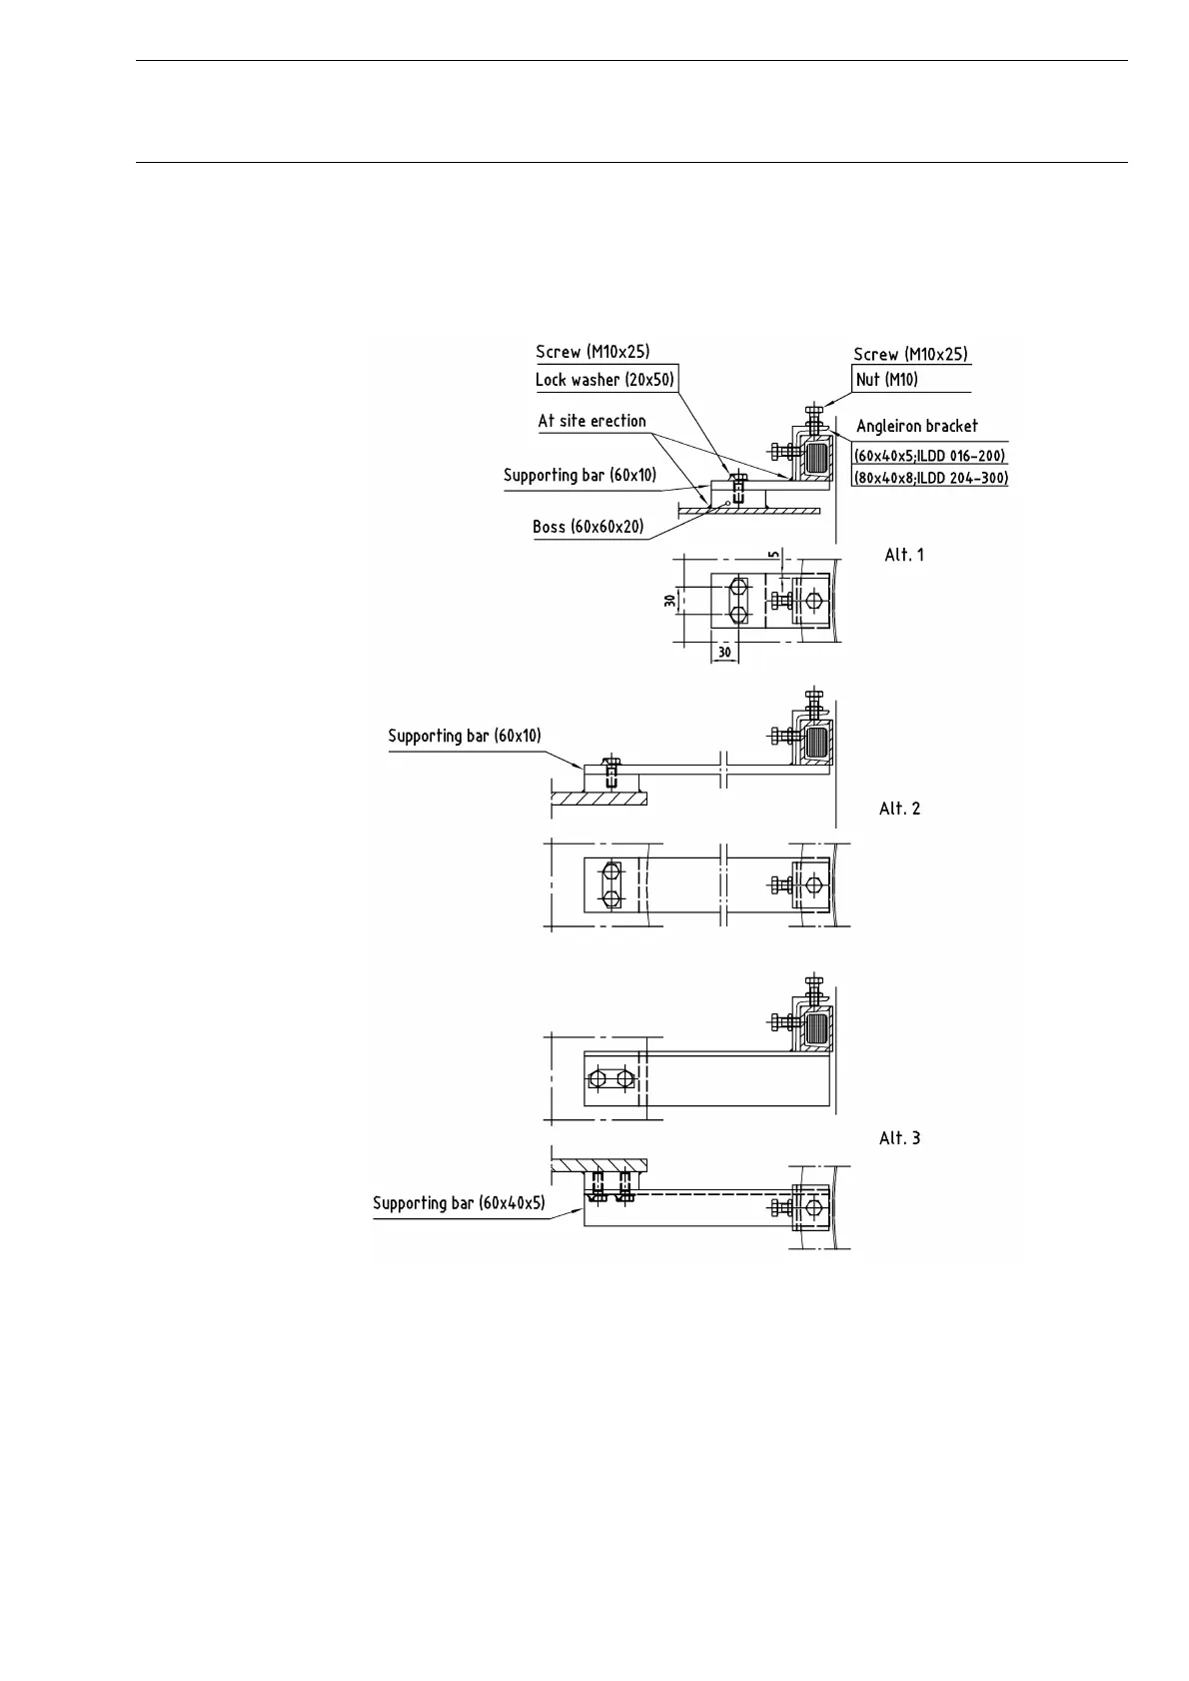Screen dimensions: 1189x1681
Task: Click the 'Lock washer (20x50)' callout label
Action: pyautogui.click(x=605, y=380)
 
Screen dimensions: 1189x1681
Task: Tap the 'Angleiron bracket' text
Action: pyautogui.click(x=917, y=427)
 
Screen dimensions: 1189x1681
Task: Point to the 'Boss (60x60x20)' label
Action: pyautogui.click(x=589, y=527)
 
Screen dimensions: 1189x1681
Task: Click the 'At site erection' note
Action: pyautogui.click(x=593, y=421)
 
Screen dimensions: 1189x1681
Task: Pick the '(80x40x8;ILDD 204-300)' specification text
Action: pyautogui.click(x=930, y=479)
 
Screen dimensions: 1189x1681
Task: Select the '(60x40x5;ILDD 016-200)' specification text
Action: pyautogui.click(x=929, y=456)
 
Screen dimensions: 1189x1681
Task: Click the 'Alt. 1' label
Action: pyautogui.click(x=904, y=555)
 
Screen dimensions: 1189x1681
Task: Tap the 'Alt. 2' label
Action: pyautogui.click(x=900, y=809)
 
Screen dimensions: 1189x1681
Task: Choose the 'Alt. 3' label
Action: pyautogui.click(x=900, y=1138)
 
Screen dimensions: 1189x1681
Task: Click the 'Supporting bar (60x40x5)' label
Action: pyautogui.click(x=460, y=1203)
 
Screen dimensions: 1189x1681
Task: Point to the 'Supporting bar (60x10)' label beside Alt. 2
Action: pyautogui.click(x=465, y=737)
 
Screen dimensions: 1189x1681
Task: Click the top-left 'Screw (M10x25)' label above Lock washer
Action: pyautogui.click(x=593, y=352)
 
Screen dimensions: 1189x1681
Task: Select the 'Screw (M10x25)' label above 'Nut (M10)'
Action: pyautogui.click(x=910, y=355)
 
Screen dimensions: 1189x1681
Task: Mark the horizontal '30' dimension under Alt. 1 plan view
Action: pyautogui.click(x=724, y=651)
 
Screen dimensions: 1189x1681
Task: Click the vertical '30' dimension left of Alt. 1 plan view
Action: pyautogui.click(x=669, y=600)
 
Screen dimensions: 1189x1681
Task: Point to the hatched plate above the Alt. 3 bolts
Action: pyautogui.click(x=599, y=1165)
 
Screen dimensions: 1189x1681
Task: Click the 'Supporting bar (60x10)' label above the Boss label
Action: pyautogui.click(x=581, y=476)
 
